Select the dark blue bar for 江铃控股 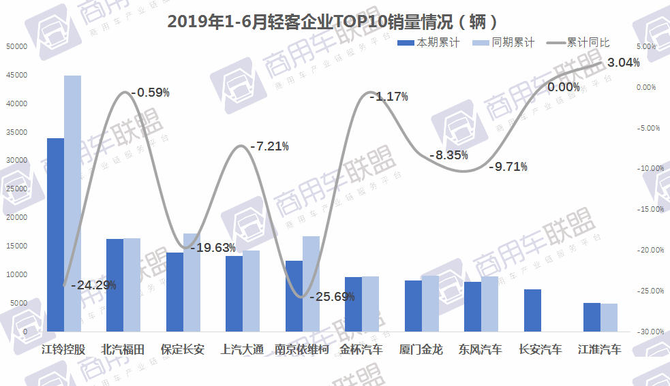coord(55,234)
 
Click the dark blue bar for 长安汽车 coord(533,310)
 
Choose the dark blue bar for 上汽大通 coord(234,293)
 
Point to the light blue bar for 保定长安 coord(192,282)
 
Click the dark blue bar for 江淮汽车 coord(592,317)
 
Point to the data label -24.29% coord(93,285)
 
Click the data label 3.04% coord(623,63)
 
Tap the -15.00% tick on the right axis coord(649,209)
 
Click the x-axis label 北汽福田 coord(123,350)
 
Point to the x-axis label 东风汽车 coord(481,350)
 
